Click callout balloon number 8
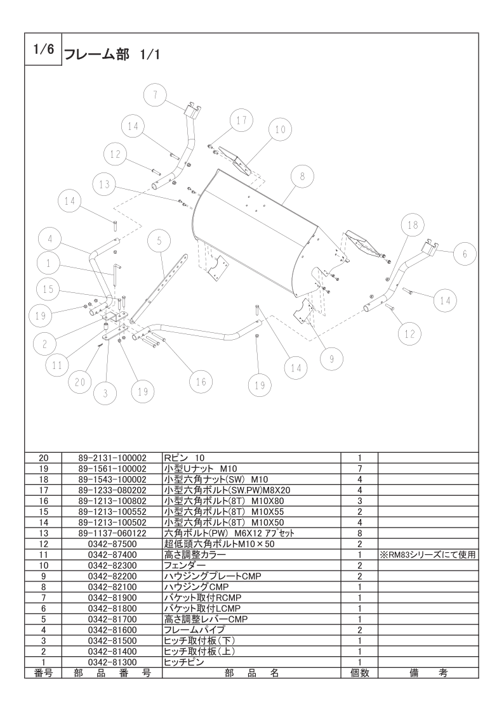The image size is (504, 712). click(303, 176)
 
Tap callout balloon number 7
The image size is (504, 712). click(156, 95)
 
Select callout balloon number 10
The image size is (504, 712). click(281, 129)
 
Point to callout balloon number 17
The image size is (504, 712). click(241, 120)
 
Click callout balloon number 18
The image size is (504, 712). click(412, 225)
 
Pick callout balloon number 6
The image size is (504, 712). click(465, 254)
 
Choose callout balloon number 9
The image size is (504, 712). click(332, 359)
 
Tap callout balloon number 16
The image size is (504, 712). click(201, 382)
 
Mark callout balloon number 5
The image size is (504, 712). click(159, 241)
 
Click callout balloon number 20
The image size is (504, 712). click(80, 382)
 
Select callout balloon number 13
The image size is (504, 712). click(105, 184)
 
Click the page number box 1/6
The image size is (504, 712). click(43, 49)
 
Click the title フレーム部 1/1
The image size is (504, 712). click(111, 55)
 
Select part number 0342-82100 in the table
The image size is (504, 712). click(112, 586)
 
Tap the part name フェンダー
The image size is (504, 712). click(182, 566)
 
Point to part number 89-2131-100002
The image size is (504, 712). click(112, 458)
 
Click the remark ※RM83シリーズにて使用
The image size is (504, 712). click(428, 554)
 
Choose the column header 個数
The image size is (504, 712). click(359, 673)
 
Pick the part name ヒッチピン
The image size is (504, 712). click(184, 662)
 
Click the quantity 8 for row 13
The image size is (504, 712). click(359, 533)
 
